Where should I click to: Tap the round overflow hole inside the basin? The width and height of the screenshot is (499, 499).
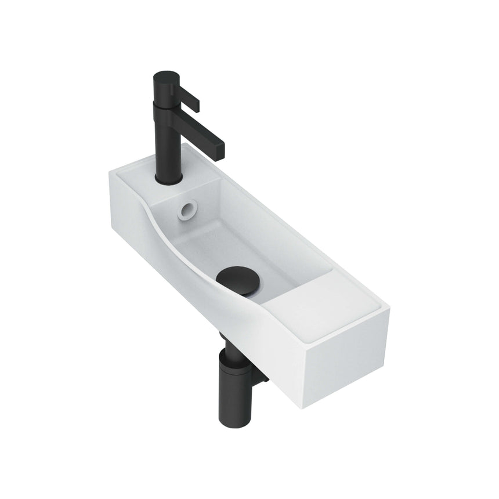[x=187, y=210]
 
